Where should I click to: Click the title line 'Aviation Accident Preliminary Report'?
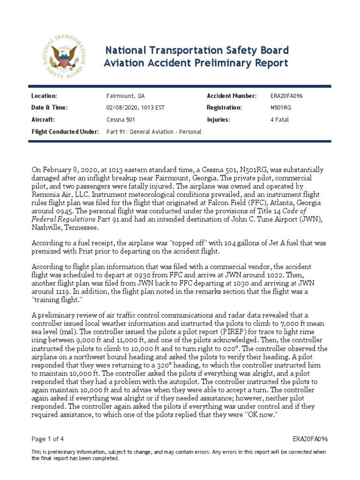(195, 63)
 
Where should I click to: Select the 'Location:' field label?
(44, 96)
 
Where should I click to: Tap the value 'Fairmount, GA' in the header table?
(126, 96)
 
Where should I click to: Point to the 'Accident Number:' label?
(232, 96)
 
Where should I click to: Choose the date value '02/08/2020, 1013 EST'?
(135, 108)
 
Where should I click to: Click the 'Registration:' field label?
(224, 108)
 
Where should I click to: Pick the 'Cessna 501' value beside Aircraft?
(120, 120)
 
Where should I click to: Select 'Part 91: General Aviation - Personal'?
(154, 132)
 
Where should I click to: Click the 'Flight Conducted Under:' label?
(65, 132)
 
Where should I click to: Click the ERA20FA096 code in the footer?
(310, 439)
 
